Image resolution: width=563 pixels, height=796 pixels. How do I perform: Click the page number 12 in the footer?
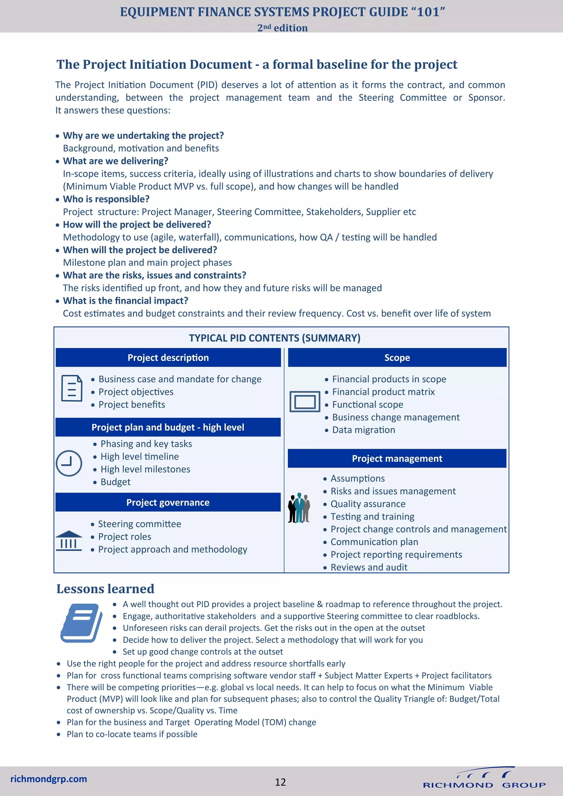click(280, 782)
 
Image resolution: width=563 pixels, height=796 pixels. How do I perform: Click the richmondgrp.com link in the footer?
click(49, 779)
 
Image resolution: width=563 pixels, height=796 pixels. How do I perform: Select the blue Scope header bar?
click(397, 357)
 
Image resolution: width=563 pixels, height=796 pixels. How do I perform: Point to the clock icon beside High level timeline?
click(69, 463)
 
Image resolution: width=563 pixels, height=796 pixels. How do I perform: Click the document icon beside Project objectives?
click(72, 388)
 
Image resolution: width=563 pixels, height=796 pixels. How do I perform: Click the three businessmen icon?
click(299, 508)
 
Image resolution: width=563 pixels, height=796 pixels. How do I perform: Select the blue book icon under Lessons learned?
click(81, 623)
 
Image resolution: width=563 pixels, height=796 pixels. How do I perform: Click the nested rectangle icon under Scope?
click(305, 402)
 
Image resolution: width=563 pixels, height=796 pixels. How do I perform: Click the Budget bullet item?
click(115, 482)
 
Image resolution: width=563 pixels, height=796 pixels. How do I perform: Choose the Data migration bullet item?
click(363, 430)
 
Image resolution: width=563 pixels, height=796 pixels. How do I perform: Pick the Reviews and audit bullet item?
click(369, 567)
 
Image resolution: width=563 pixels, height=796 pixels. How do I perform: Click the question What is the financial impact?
click(126, 301)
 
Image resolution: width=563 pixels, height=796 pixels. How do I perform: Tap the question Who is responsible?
click(106, 199)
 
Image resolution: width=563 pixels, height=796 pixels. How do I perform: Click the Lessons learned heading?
click(105, 589)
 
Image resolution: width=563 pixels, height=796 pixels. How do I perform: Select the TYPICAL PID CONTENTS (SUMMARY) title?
click(275, 338)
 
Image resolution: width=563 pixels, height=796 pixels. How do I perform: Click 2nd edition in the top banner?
click(282, 28)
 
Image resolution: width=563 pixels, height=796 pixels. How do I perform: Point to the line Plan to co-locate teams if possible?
click(132, 734)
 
